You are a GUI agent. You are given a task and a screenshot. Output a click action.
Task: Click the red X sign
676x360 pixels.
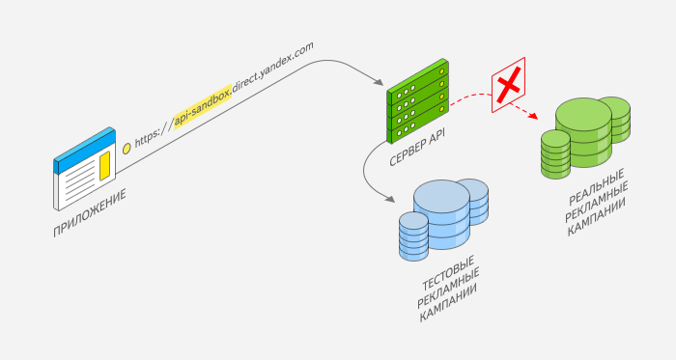[509, 85]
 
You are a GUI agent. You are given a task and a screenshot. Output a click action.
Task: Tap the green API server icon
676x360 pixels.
[418, 101]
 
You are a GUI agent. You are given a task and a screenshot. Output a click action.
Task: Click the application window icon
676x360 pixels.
[85, 169]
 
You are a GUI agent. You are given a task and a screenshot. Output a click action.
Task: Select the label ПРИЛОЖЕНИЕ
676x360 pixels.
[90, 212]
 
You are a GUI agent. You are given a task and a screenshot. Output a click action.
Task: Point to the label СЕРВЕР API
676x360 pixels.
[417, 147]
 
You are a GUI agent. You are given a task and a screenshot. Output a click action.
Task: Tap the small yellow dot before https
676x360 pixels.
[127, 149]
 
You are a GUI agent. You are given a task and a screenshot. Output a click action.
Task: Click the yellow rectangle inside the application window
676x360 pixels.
[104, 166]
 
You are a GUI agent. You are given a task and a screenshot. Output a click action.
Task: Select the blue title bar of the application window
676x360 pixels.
[85, 150]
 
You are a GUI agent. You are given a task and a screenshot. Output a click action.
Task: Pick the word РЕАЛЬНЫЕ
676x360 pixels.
[596, 187]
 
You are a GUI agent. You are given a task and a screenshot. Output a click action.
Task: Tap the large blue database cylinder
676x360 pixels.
[441, 214]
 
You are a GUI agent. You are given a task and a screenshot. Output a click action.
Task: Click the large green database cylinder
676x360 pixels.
[583, 132]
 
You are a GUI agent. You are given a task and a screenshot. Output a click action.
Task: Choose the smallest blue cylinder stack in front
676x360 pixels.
[414, 236]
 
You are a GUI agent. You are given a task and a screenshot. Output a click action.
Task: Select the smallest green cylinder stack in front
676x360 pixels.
[555, 154]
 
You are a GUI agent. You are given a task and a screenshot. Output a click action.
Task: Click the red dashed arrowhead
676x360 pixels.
[534, 116]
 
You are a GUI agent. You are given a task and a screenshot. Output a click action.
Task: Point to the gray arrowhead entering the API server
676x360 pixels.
[379, 82]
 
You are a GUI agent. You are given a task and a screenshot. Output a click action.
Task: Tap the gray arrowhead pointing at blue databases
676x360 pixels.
[390, 199]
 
